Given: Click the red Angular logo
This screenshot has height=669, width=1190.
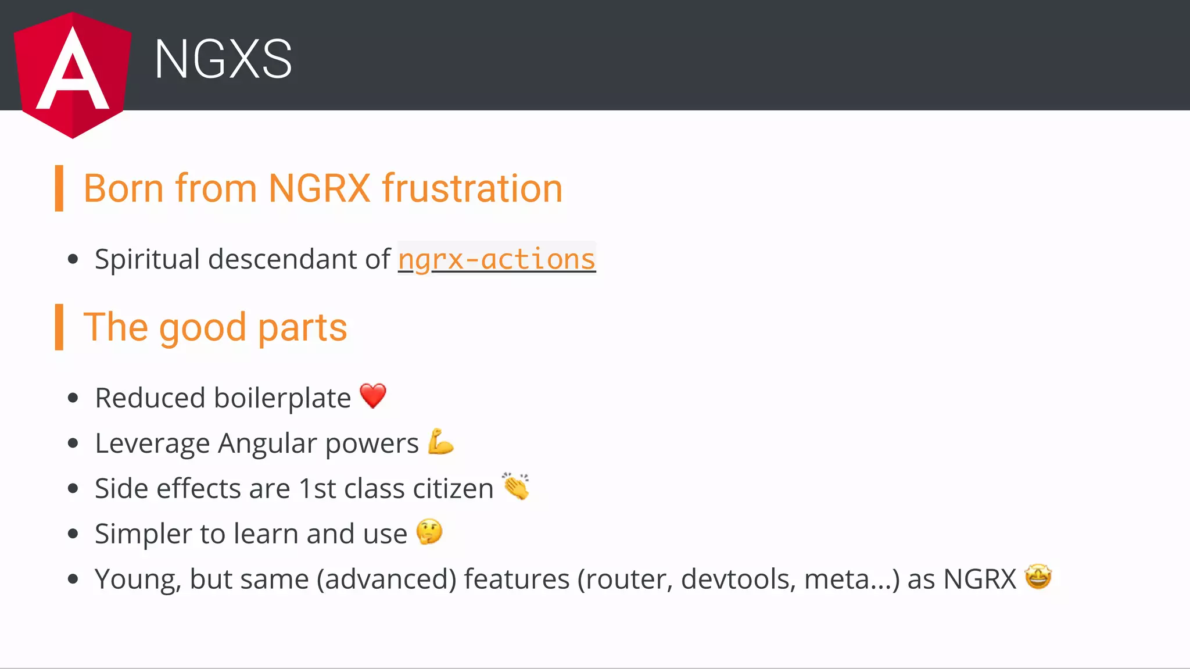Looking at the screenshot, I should pyautogui.click(x=73, y=74).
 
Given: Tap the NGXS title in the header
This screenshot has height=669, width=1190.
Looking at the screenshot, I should pyautogui.click(x=223, y=59).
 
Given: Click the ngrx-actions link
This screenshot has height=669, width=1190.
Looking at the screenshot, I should pyautogui.click(x=497, y=259).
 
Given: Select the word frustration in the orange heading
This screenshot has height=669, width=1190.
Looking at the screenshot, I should pyautogui.click(x=472, y=188).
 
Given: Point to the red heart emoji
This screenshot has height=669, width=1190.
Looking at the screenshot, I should pyautogui.click(x=373, y=396).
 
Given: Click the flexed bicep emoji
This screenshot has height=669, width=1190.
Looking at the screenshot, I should pyautogui.click(x=440, y=442).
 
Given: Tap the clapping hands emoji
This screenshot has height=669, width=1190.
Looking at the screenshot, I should pyautogui.click(x=516, y=486).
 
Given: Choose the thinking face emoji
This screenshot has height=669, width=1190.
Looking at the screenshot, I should pyautogui.click(x=429, y=532).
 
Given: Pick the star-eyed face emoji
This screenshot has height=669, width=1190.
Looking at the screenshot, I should pyautogui.click(x=1038, y=577).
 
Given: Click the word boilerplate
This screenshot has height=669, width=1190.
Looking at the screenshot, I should pyautogui.click(x=282, y=398).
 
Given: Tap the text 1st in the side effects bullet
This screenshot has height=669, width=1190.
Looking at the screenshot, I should pyautogui.click(x=317, y=488).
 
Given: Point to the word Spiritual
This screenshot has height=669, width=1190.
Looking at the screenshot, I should pyautogui.click(x=147, y=259).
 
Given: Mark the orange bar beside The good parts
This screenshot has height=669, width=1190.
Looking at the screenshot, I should pyautogui.click(x=59, y=327).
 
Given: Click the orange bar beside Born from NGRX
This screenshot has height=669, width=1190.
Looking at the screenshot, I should pyautogui.click(x=59, y=188).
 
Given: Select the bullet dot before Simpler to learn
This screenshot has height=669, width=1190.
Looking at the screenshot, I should pyautogui.click(x=73, y=534).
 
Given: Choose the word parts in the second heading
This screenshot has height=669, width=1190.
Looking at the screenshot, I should pyautogui.click(x=302, y=328).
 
